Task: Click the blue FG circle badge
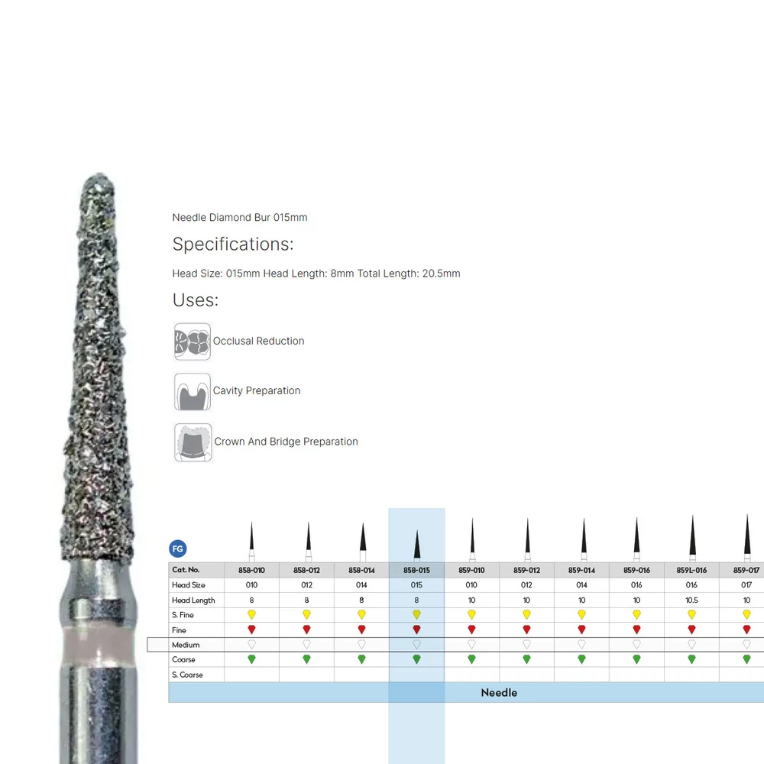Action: click(x=178, y=549)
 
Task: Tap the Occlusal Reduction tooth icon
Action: click(x=193, y=342)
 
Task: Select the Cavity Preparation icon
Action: click(x=193, y=392)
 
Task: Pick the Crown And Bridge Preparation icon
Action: click(x=193, y=442)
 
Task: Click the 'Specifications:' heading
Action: click(x=233, y=244)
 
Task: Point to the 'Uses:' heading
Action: click(x=196, y=300)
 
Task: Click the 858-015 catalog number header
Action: click(x=416, y=570)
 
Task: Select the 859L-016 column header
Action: click(x=691, y=570)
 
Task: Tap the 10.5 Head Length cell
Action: click(x=691, y=601)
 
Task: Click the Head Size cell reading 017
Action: click(x=746, y=584)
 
